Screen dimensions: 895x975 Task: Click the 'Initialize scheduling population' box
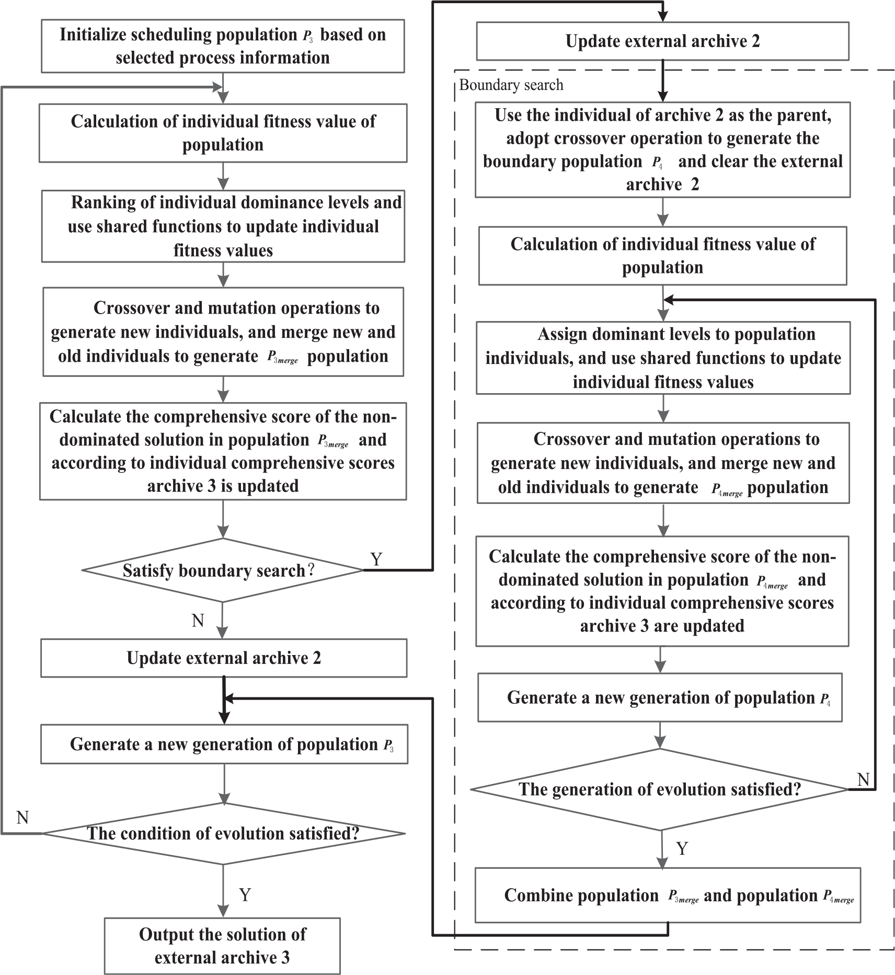[x=223, y=46]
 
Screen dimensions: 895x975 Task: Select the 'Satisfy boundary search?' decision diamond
[x=223, y=570]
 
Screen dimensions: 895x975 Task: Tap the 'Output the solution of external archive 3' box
[x=222, y=946]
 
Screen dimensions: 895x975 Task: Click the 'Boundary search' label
[x=511, y=85]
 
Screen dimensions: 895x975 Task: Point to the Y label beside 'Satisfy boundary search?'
[x=376, y=559]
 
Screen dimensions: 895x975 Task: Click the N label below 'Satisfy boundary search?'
[x=198, y=621]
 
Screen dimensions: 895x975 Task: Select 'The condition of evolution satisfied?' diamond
[x=223, y=833]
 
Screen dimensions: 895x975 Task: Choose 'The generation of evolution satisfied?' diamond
[x=659, y=789]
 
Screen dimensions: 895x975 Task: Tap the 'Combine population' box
[x=668, y=895]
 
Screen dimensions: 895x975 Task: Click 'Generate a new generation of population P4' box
[x=660, y=697]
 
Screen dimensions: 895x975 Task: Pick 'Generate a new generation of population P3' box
[x=224, y=744]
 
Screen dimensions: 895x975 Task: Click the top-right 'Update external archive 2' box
[x=662, y=41]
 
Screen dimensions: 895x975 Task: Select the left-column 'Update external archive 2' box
[x=224, y=658]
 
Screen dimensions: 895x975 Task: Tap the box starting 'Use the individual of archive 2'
[x=662, y=150]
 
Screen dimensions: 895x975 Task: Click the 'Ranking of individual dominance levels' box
[x=223, y=226]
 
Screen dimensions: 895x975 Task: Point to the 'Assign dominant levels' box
[x=663, y=358]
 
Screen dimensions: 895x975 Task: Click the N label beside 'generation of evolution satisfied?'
[x=863, y=780]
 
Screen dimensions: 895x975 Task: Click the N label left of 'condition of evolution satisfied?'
[x=22, y=817]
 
